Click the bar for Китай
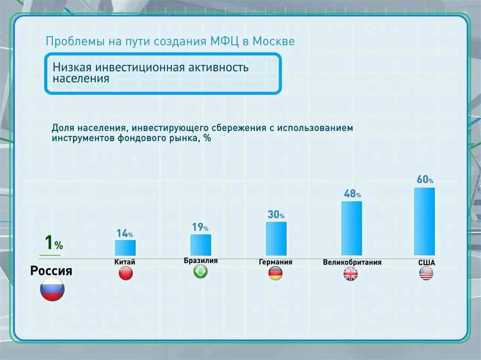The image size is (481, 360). coord(125,247)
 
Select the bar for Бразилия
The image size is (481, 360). coord(201,245)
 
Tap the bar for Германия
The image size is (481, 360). coord(276,238)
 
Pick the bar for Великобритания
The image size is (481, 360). coord(351,228)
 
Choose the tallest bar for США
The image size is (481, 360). coord(424,221)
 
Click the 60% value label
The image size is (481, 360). coord(425,180)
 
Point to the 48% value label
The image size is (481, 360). coord(352,194)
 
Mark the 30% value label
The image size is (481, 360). coord(276,215)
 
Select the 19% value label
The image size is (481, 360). coord(200,228)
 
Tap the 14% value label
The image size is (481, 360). coord(124,233)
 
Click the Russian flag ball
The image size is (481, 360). coord(52,289)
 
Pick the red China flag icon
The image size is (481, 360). coord(125,274)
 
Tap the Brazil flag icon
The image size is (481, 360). coord(201,272)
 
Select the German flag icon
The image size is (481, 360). coord(275,274)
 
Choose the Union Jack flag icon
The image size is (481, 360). coord(350,274)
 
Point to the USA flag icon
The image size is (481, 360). coord(426,274)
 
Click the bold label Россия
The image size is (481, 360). coord(51,271)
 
